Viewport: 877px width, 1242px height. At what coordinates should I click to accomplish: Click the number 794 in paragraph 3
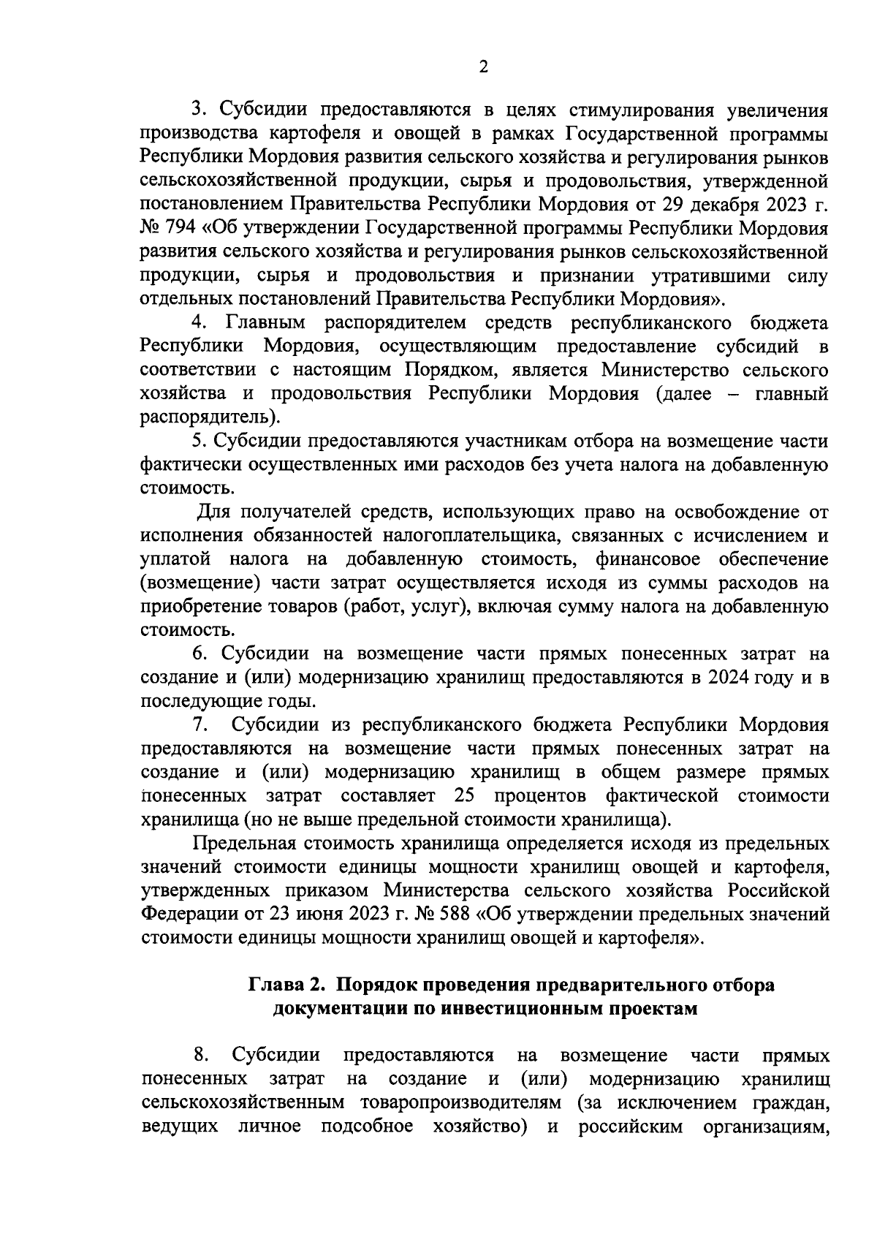pos(182,228)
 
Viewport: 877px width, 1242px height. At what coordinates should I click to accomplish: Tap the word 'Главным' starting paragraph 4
pos(267,322)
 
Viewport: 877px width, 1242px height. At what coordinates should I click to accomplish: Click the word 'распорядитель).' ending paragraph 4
pos(210,417)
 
